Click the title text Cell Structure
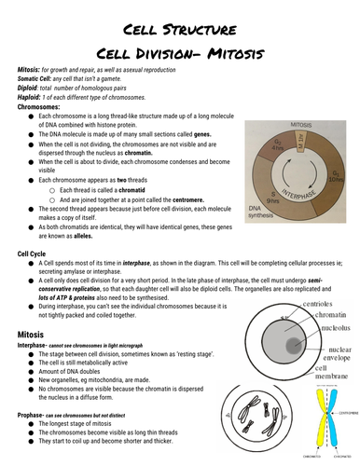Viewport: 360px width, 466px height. click(x=179, y=27)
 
